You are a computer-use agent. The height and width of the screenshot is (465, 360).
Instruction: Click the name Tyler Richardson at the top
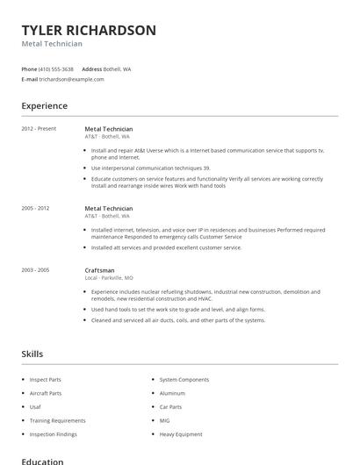tap(89, 30)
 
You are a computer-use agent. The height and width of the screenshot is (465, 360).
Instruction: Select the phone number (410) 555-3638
tap(57, 68)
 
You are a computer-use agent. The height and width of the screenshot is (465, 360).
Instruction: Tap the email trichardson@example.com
tap(72, 79)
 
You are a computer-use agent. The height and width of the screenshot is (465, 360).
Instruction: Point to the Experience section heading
tap(45, 106)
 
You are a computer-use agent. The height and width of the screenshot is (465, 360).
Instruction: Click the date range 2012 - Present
tap(39, 128)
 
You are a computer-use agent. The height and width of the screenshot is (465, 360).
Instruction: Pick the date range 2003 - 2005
tap(36, 270)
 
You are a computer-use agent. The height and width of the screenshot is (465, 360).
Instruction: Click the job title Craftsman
tap(99, 270)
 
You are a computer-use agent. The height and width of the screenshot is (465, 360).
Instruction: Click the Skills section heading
tap(32, 354)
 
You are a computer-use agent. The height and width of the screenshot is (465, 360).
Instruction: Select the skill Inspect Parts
tap(45, 379)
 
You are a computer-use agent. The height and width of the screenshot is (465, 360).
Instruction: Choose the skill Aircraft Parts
tap(46, 393)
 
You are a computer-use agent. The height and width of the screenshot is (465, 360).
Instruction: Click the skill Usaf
tap(35, 406)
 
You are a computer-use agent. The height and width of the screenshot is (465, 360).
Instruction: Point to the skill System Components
tap(184, 379)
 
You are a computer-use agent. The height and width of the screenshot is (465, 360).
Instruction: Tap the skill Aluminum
tap(172, 393)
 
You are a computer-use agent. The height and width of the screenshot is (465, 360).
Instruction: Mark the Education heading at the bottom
tap(42, 460)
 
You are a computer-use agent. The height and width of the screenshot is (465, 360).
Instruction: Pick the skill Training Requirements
tap(57, 420)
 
